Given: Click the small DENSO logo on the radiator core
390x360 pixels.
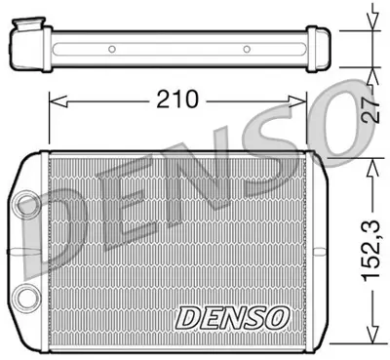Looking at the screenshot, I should pyautogui.click(x=231, y=316).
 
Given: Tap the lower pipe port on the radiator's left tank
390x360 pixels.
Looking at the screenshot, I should pyautogui.click(x=24, y=296).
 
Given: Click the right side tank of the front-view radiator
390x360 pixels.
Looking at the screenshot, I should pyautogui.click(x=314, y=253).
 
